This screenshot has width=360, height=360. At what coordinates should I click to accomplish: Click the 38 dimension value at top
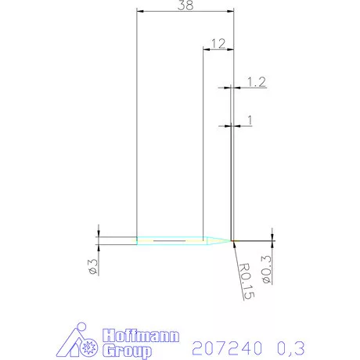[x=185, y=5]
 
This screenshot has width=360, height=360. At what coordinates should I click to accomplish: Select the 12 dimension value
[x=218, y=42]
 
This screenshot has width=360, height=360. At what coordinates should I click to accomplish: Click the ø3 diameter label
[x=92, y=265]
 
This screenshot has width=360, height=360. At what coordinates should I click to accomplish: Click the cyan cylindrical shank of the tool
[x=168, y=239]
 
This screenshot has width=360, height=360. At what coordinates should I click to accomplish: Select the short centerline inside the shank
[x=171, y=240]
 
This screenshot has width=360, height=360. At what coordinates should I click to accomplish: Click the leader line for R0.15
[x=236, y=252]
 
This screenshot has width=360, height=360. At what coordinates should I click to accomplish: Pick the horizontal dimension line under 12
[x=218, y=50]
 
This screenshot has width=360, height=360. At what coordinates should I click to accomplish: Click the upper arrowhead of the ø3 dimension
[x=98, y=232]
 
